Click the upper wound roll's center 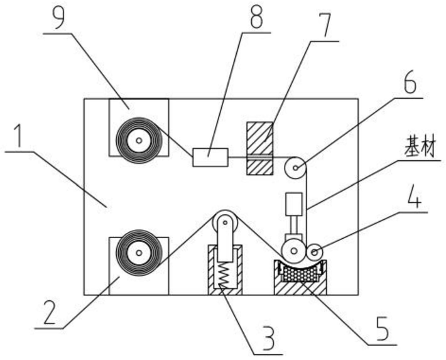pyautogui.click(x=136, y=141)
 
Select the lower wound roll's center pyautogui.click(x=136, y=253)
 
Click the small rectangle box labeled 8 pyautogui.click(x=210, y=156)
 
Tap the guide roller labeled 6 pyautogui.click(x=295, y=167)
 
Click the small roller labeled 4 pyautogui.click(x=314, y=252)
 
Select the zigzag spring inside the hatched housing pyautogui.click(x=224, y=274)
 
